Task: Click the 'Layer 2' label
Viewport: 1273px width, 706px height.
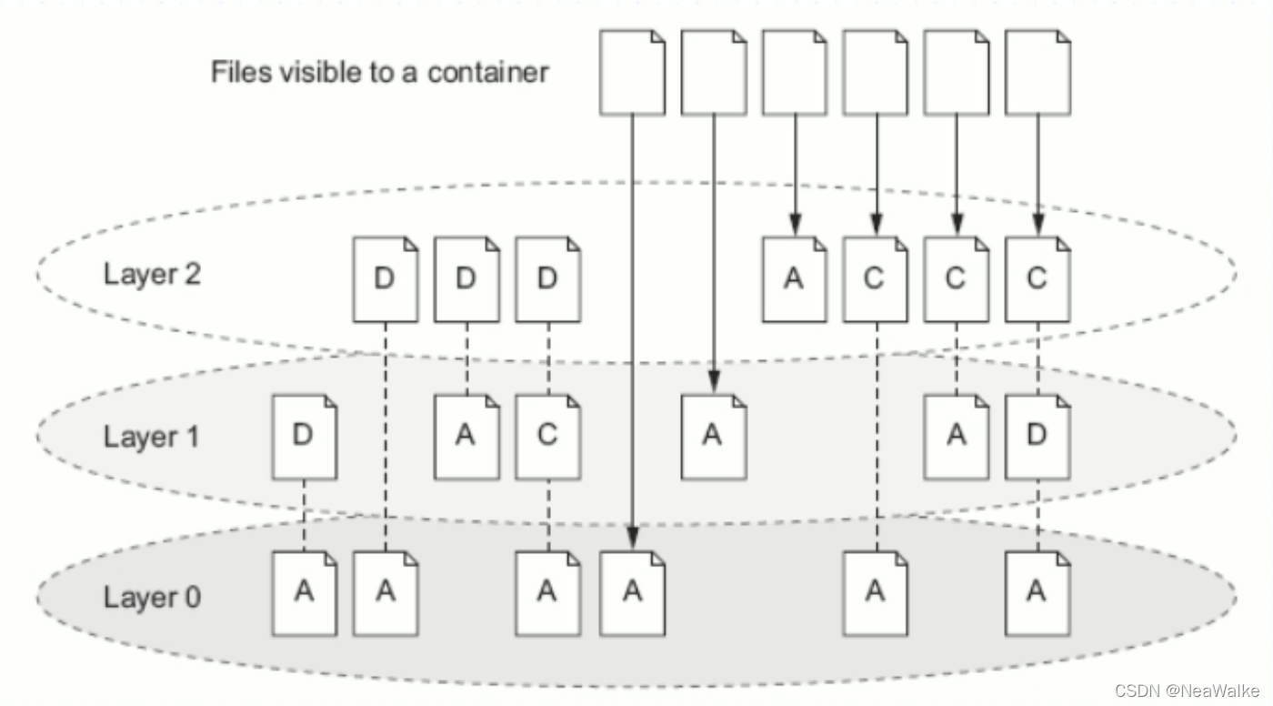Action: (x=152, y=274)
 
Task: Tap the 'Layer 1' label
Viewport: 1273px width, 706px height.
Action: (x=151, y=436)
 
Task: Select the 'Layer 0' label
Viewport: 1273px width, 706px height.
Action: (x=152, y=597)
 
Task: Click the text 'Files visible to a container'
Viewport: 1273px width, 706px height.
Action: (x=379, y=71)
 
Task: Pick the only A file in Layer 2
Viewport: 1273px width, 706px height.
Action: (x=794, y=279)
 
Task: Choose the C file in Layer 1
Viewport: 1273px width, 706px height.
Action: (x=547, y=437)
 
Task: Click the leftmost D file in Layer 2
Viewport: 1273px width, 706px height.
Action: (x=386, y=279)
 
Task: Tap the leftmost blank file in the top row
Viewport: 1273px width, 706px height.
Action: (x=632, y=73)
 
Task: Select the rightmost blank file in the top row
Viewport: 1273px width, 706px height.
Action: (x=1037, y=73)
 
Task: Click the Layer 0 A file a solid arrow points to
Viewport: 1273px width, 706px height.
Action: (x=632, y=593)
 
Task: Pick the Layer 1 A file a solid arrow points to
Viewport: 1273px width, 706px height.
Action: (x=713, y=437)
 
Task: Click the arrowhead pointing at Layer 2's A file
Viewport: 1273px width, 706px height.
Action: (x=795, y=224)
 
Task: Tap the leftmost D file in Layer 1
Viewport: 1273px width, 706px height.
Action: (x=305, y=437)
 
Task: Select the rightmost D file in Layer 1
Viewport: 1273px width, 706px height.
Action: (x=1037, y=437)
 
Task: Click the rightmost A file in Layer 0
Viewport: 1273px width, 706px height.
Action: (x=1037, y=593)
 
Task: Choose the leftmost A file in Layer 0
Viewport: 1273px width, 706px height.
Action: (x=305, y=593)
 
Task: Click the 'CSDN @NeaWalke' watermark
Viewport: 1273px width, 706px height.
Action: (x=1187, y=691)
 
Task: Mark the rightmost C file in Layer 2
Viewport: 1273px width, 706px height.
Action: (x=1037, y=279)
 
